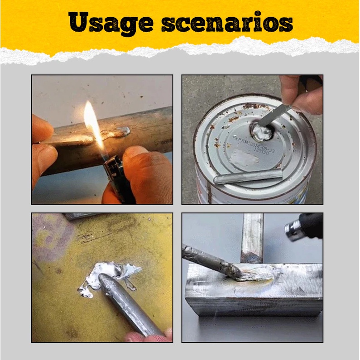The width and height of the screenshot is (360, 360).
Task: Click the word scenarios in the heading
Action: point(226,23)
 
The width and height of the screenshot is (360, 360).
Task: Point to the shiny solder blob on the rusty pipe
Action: point(119,132)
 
